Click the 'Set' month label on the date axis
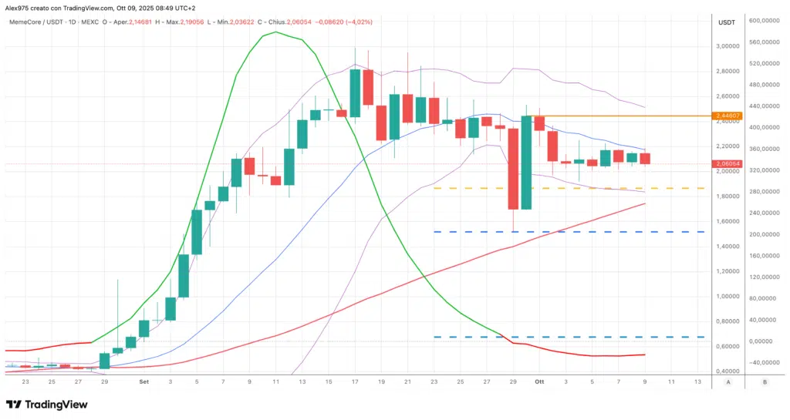143,381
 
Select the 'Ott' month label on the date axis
540,381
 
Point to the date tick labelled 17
355,381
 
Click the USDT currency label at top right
726,22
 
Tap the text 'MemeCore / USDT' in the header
35,22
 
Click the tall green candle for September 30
526,162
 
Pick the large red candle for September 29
513,168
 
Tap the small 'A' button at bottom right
728,381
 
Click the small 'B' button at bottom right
764,381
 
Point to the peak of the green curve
275,32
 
